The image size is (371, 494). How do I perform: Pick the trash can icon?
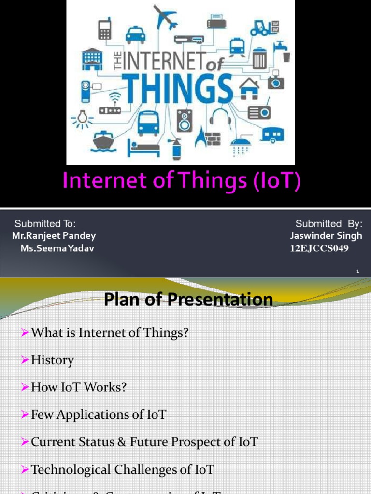click(259, 58)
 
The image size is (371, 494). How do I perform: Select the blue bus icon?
click(148, 123)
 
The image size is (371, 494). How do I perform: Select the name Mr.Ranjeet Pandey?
click(54, 236)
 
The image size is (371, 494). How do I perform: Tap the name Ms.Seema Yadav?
click(57, 248)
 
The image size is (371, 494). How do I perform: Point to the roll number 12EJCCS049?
click(319, 248)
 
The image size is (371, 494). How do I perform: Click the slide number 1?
click(357, 272)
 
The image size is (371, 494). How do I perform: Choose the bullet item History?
click(52, 360)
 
